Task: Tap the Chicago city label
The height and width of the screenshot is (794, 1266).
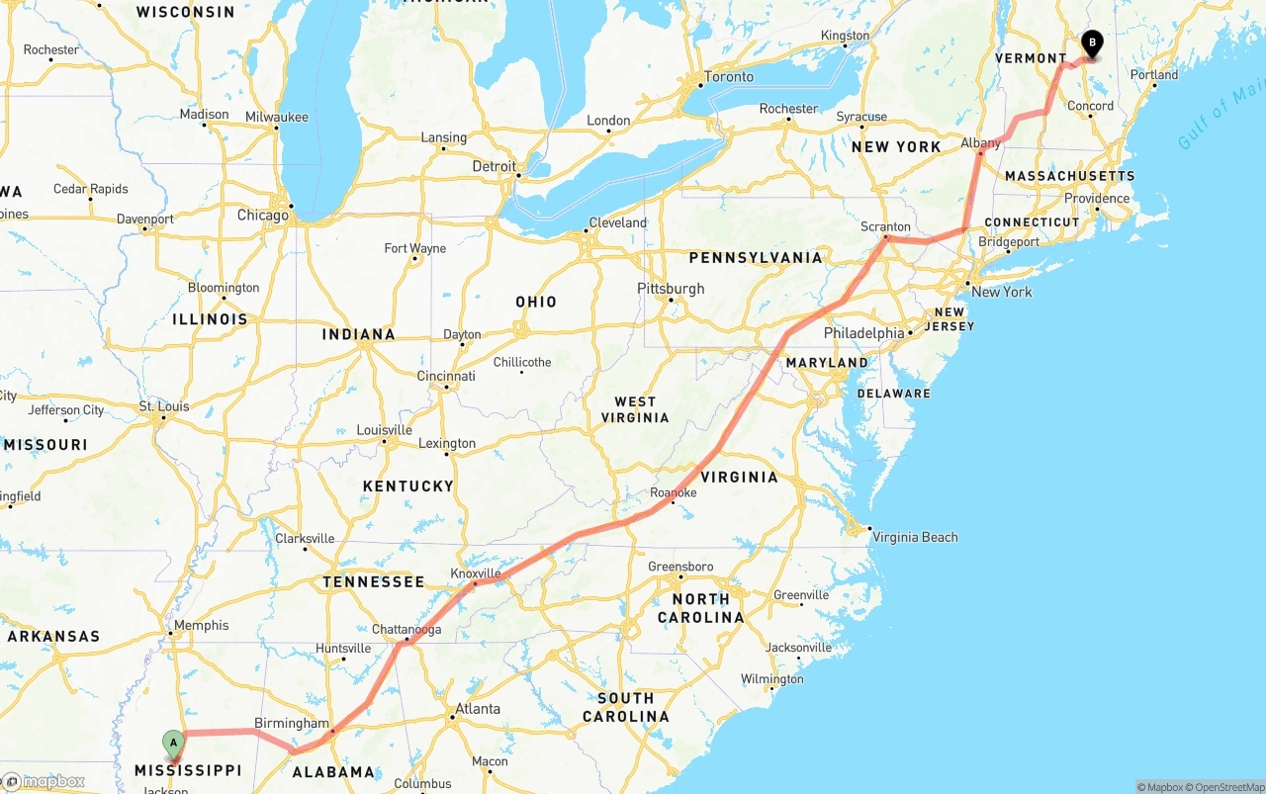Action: (262, 215)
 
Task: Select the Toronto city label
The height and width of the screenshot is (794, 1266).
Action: (729, 77)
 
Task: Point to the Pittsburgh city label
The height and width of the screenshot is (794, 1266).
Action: (671, 289)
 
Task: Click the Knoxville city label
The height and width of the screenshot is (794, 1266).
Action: (476, 573)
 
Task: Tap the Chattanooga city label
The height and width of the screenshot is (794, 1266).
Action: (407, 630)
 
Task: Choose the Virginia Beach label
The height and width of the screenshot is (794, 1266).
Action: (914, 537)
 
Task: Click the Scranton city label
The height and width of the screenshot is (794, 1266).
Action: (885, 226)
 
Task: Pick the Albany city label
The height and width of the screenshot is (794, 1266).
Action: (981, 143)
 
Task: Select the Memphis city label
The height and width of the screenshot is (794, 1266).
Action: (201, 625)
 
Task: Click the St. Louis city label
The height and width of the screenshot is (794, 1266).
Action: (164, 406)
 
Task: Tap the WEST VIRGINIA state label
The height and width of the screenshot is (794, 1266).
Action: (635, 409)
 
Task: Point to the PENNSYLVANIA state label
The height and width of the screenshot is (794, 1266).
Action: (756, 258)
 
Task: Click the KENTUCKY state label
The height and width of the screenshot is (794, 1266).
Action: (407, 486)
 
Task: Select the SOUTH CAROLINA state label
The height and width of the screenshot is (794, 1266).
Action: (625, 707)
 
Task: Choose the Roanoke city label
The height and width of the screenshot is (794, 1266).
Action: (674, 492)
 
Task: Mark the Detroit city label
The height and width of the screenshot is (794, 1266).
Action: (495, 166)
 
